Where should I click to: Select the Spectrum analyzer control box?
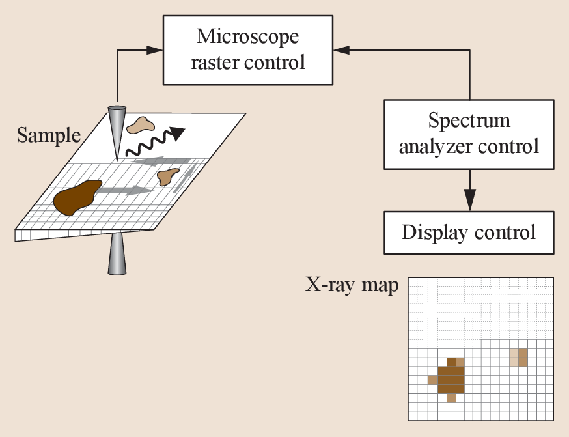tap(469, 134)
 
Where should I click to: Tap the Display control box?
tap(469, 232)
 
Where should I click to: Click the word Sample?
tap(48, 135)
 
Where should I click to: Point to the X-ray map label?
tap(352, 285)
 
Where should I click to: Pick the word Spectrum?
tap(469, 120)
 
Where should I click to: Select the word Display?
tap(433, 232)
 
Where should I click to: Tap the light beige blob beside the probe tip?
tap(141, 124)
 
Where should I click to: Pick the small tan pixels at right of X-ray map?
tap(519, 357)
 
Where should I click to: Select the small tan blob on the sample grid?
tap(169, 175)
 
